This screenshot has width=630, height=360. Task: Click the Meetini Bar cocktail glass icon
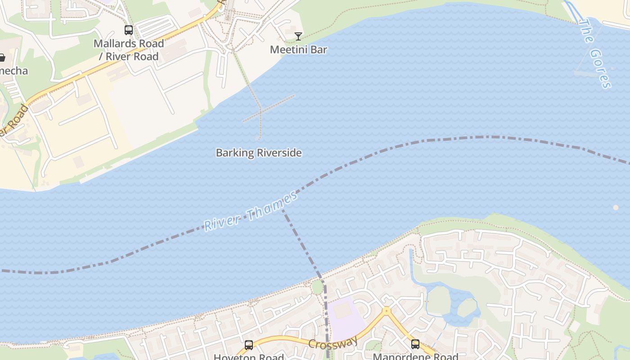(298, 36)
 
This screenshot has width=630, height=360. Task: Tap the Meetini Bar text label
(298, 49)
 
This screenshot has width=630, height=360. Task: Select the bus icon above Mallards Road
(129, 30)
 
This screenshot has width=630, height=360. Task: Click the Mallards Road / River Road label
(129, 50)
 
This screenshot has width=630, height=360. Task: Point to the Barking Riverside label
(259, 153)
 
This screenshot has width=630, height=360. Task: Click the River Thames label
(251, 211)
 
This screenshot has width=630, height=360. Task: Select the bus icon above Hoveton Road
(249, 345)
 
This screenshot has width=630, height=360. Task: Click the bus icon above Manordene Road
(415, 344)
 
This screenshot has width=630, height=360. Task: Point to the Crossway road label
(333, 342)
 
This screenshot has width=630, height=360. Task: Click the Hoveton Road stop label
(249, 357)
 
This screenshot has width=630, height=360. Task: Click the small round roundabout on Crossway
(386, 310)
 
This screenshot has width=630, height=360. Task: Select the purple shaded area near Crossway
(345, 317)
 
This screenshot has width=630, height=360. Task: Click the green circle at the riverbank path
(318, 287)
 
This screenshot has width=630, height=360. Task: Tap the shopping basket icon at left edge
(2, 58)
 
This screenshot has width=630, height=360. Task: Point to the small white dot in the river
(616, 207)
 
